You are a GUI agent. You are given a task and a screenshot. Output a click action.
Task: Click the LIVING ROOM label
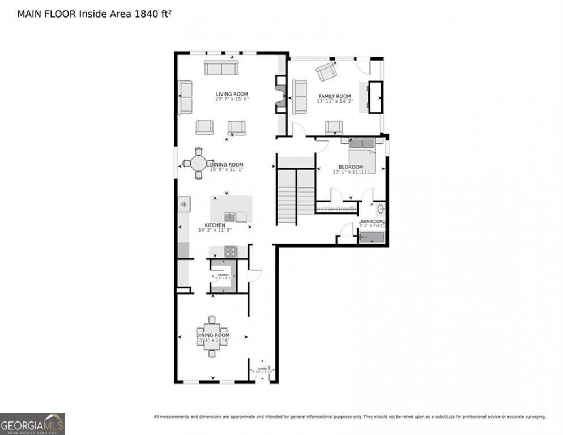232,94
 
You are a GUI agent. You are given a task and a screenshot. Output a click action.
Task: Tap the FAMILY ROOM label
334,96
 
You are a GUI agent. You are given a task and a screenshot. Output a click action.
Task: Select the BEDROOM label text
351,167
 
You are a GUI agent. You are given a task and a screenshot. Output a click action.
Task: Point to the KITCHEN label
215,225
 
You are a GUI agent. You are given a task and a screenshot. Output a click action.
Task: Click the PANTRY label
223,275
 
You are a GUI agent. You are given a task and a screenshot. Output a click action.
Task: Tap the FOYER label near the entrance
262,369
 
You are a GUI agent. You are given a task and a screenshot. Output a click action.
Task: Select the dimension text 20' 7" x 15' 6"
232,99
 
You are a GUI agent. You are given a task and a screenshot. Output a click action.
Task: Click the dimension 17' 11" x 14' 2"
334,101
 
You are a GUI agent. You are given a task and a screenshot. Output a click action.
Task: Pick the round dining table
198,164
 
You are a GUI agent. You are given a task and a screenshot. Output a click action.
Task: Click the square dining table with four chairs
212,336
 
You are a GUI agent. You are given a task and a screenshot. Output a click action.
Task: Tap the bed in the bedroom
361,152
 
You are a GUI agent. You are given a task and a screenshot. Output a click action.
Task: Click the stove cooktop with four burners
230,251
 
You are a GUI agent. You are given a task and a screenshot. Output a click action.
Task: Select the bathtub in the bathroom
372,238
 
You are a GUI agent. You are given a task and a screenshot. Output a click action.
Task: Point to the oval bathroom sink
381,208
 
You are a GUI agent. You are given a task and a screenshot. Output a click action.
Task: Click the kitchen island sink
229,216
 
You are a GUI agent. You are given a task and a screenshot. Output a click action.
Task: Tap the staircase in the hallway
296,195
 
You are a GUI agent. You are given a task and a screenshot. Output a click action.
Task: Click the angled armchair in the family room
326,71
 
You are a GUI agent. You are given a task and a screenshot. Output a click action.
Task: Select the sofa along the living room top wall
221,68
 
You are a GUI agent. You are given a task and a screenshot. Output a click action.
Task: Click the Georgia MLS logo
32,424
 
